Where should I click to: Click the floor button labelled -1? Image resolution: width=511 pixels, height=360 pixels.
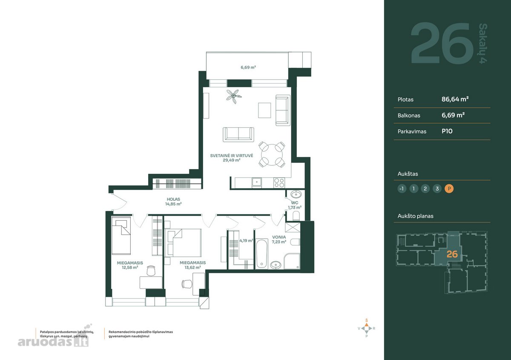pos(402,189)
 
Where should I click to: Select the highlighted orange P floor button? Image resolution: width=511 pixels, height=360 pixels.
pos(449,189)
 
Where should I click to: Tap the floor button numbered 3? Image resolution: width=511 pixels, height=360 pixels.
pos(437,189)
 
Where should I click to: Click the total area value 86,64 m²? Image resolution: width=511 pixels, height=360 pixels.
pos(455,99)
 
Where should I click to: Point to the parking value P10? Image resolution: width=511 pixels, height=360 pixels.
pos(447,131)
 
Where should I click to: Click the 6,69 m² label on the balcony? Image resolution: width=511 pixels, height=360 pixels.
pos(248,67)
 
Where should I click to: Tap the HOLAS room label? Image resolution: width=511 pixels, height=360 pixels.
pos(173,199)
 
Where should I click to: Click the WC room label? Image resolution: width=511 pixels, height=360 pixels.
pos(295,203)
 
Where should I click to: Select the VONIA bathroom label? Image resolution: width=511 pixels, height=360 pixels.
pos(279,237)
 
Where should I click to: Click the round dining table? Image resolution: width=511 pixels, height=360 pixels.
pos(272,155)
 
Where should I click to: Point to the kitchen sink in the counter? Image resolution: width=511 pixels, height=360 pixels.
pos(257,183)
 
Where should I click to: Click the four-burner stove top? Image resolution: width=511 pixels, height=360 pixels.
pos(279,183)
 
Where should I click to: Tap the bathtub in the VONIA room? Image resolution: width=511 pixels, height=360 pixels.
pos(261,254)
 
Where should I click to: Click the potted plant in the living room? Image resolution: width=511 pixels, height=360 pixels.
pos(234,96)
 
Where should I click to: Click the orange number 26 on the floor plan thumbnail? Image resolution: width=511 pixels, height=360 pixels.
pos(452,254)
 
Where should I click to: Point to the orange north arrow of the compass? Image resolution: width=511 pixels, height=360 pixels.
pos(367,324)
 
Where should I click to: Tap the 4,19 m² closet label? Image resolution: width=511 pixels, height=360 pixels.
pos(246,241)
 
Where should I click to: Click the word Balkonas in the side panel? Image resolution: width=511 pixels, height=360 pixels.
pos(409,115)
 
